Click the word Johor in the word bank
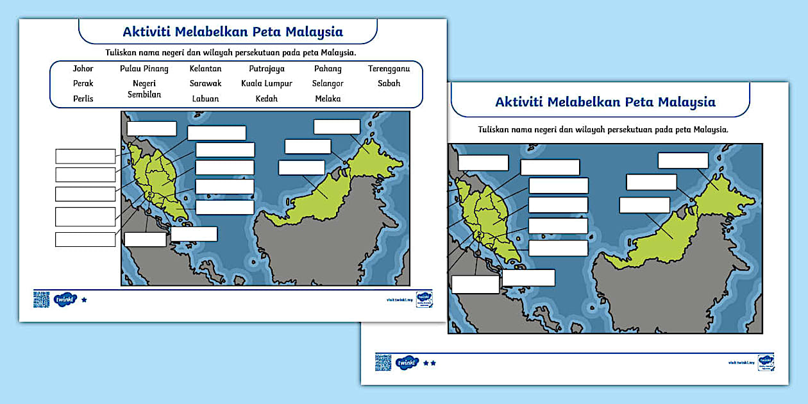[x=83, y=69]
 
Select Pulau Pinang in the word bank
[x=144, y=69]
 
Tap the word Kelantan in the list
[x=205, y=69]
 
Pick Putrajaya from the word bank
[x=267, y=69]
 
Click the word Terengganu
[x=389, y=69]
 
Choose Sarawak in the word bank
[x=205, y=83]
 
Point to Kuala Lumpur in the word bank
[x=267, y=83]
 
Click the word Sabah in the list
[x=389, y=83]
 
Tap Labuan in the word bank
[x=205, y=99]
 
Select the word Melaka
[x=328, y=99]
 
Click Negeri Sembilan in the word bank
[x=144, y=88]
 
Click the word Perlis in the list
[x=83, y=99]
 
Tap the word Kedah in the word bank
[x=267, y=99]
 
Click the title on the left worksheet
[x=233, y=31]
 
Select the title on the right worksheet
[x=605, y=102]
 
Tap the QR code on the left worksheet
[x=42, y=299]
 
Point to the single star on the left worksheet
[x=84, y=299]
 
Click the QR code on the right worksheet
[x=383, y=362]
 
